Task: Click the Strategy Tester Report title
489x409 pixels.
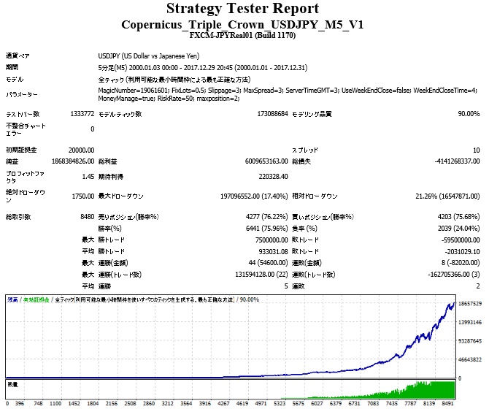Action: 242,9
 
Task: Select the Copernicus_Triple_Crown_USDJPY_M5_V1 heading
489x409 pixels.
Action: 242,24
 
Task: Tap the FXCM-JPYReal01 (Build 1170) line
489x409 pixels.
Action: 242,34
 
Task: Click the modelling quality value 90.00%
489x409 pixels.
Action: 468,114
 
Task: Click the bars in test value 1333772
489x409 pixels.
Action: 80,114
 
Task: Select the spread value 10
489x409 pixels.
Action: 476,149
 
